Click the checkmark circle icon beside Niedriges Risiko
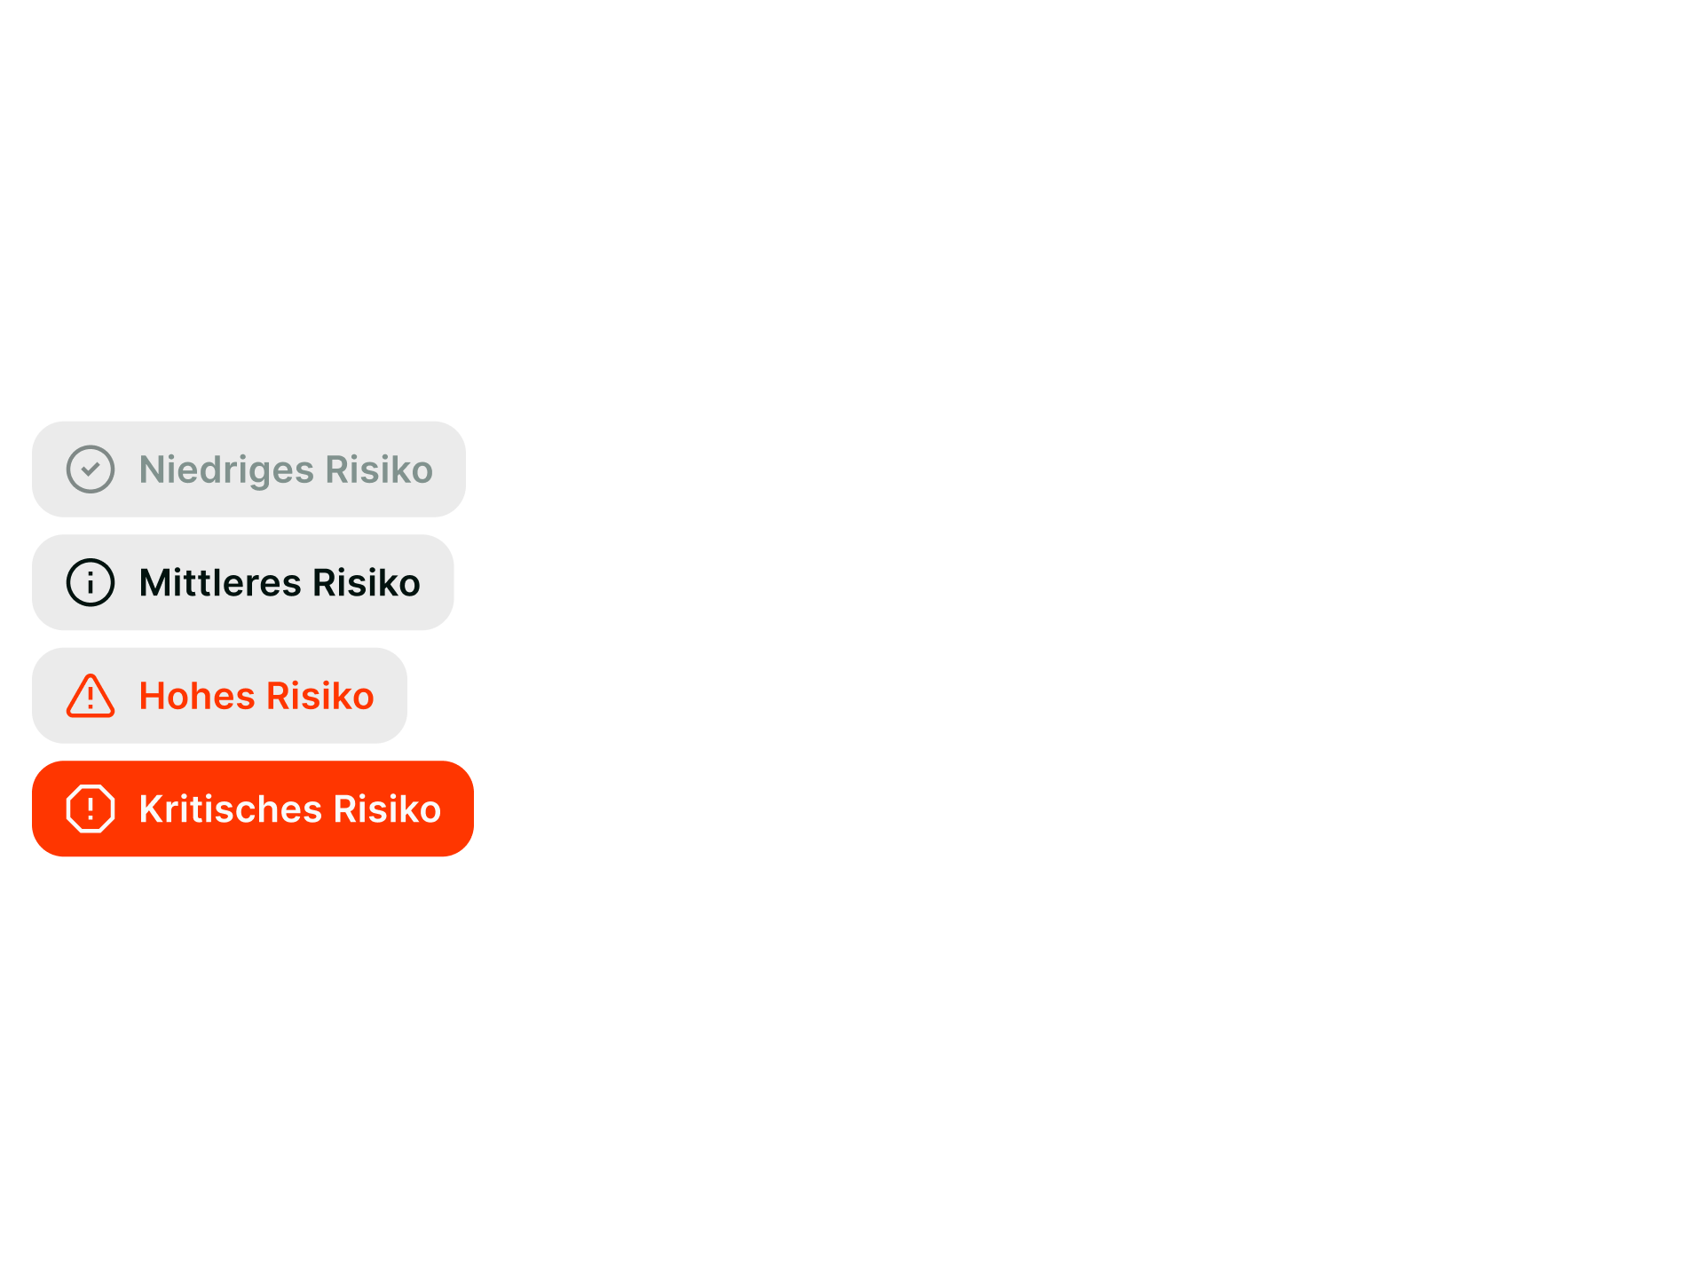(91, 469)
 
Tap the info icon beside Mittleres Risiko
(91, 583)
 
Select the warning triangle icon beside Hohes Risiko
(91, 696)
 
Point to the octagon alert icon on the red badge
(91, 809)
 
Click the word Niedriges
(226, 470)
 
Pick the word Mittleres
(220, 583)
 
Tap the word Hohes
(197, 697)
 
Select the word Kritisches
(230, 809)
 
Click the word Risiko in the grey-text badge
(379, 470)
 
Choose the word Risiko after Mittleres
(367, 583)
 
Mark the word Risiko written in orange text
(320, 697)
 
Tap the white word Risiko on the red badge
(387, 809)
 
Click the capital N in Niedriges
(152, 469)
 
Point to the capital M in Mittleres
(157, 583)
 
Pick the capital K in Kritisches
(152, 809)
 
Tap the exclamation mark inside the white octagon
(91, 809)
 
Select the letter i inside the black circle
(91, 584)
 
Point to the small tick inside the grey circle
(91, 469)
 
